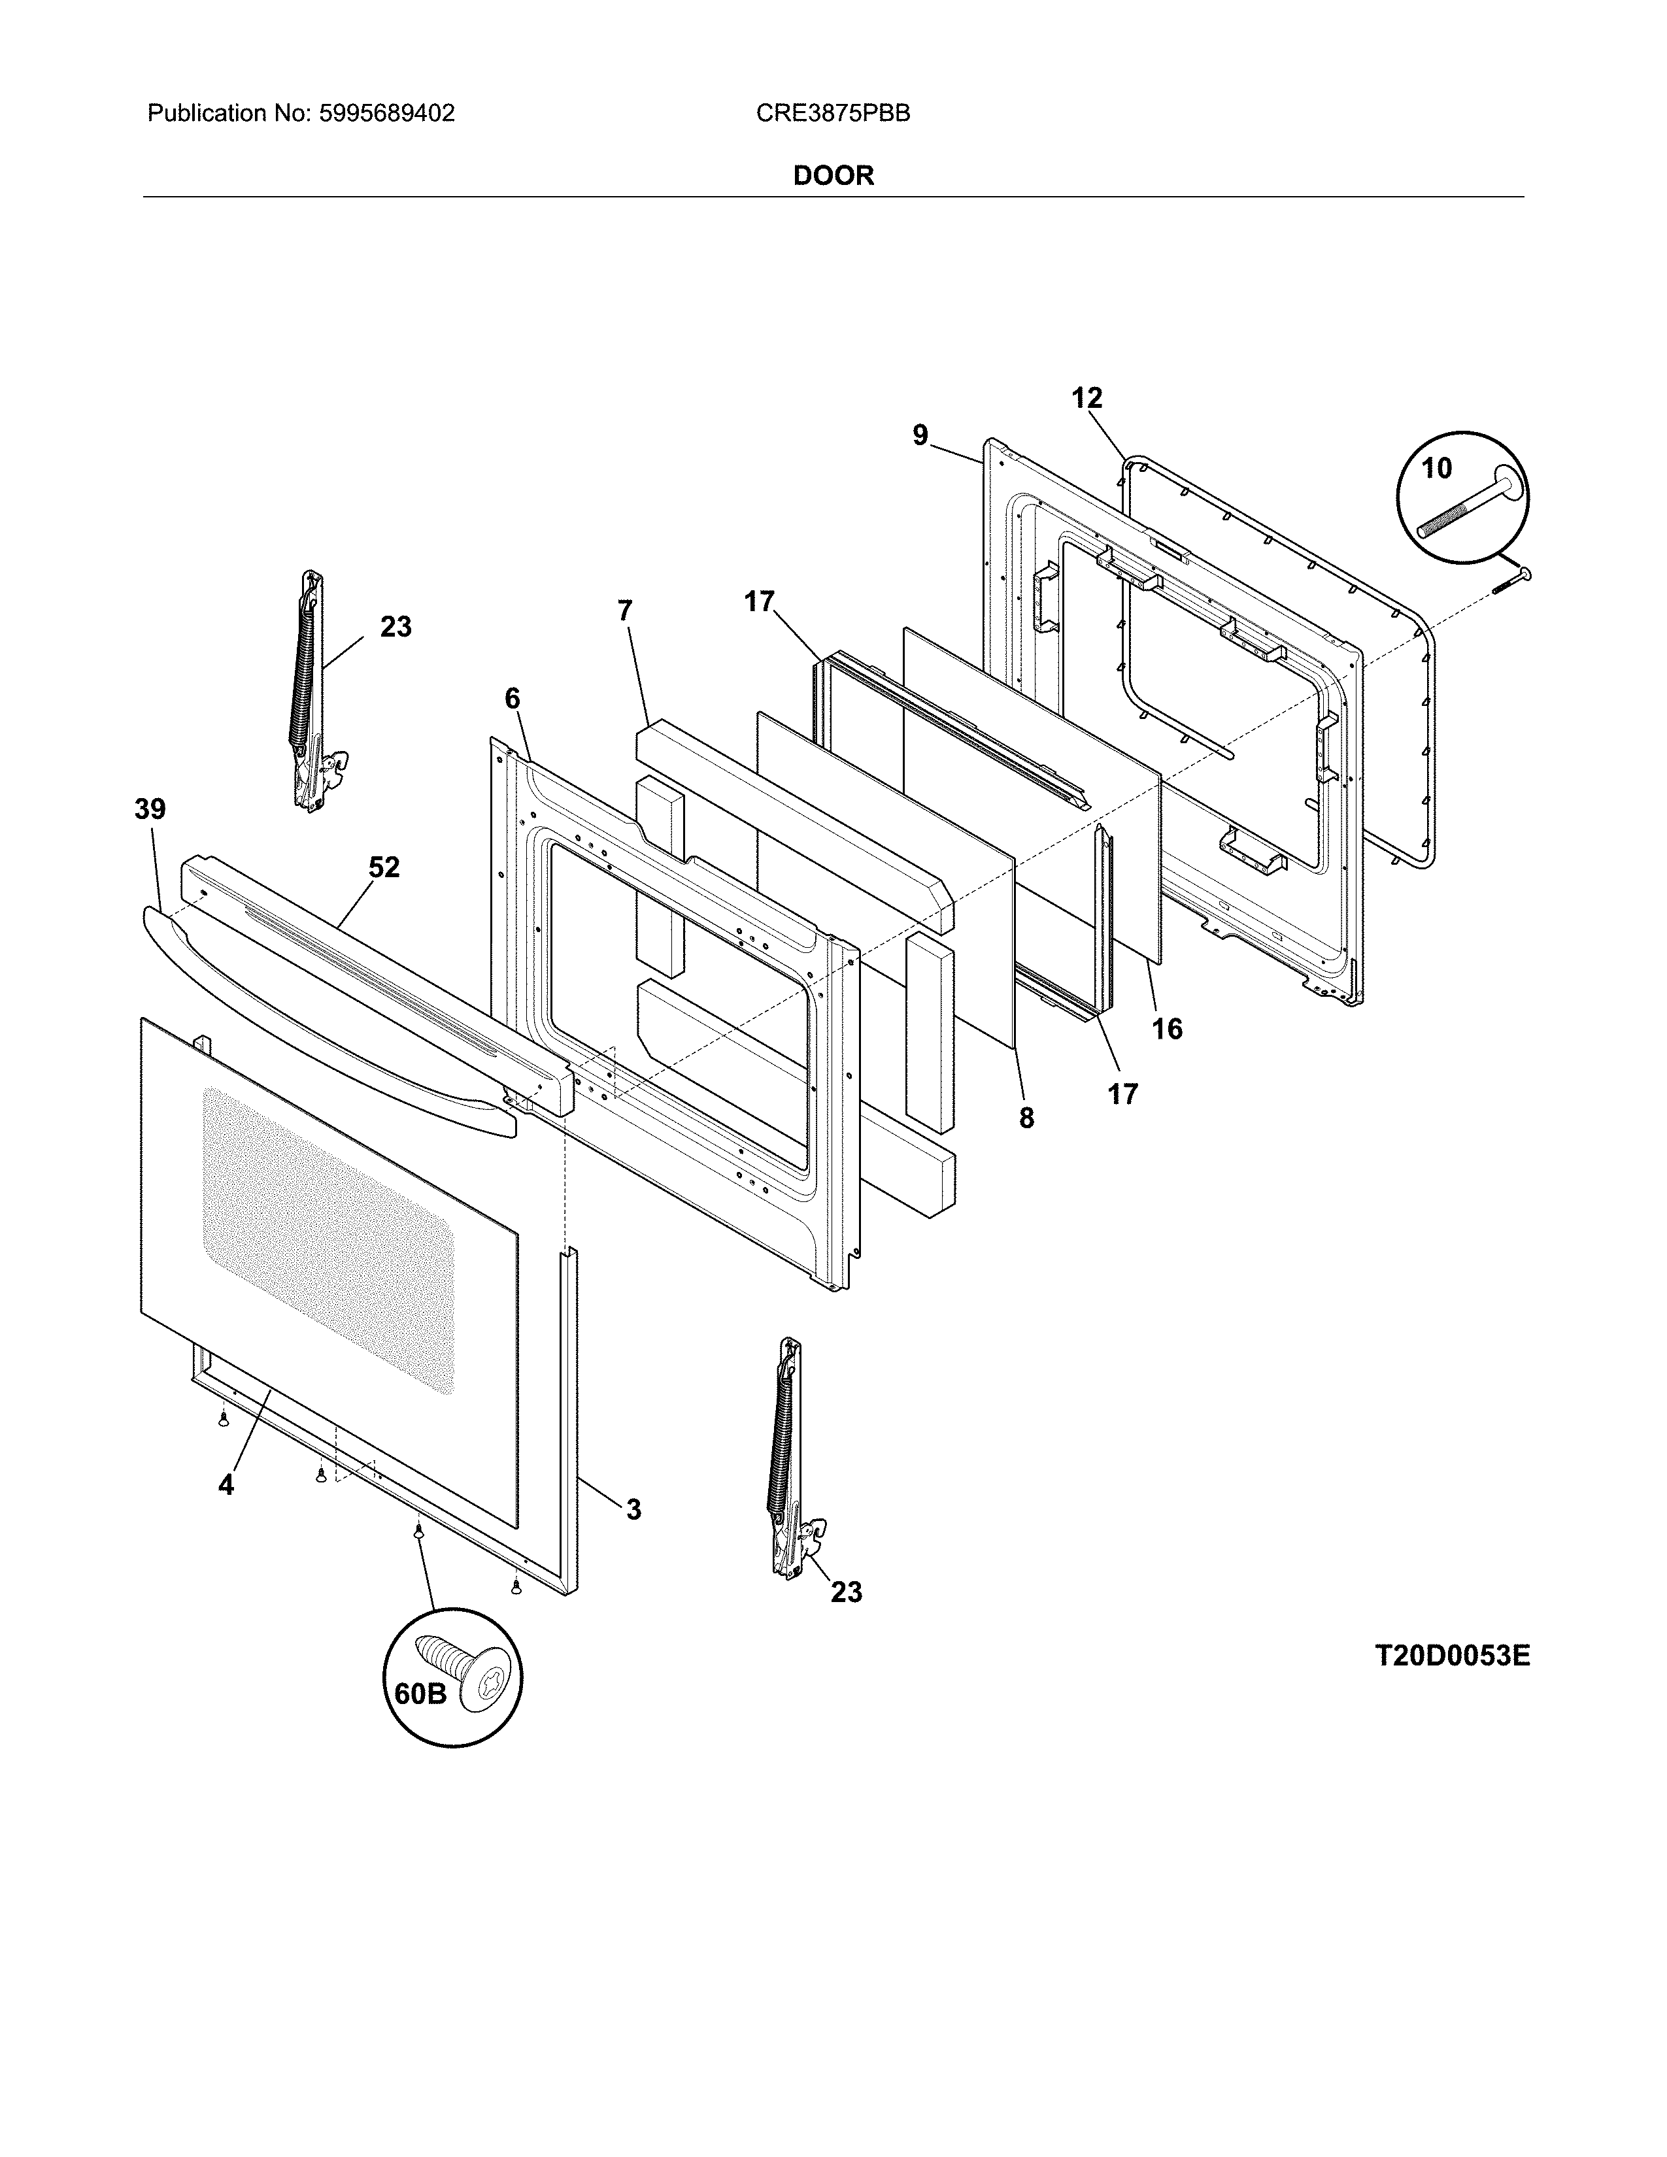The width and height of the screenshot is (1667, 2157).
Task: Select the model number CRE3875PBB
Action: point(832,114)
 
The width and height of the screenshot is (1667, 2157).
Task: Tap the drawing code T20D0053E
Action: point(1452,1656)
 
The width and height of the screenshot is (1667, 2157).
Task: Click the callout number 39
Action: point(150,810)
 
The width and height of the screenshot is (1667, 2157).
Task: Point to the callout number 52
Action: point(384,867)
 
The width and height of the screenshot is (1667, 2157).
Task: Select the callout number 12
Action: point(1086,398)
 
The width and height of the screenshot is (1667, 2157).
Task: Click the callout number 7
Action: point(624,611)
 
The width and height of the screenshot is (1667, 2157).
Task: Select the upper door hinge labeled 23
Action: point(312,692)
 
